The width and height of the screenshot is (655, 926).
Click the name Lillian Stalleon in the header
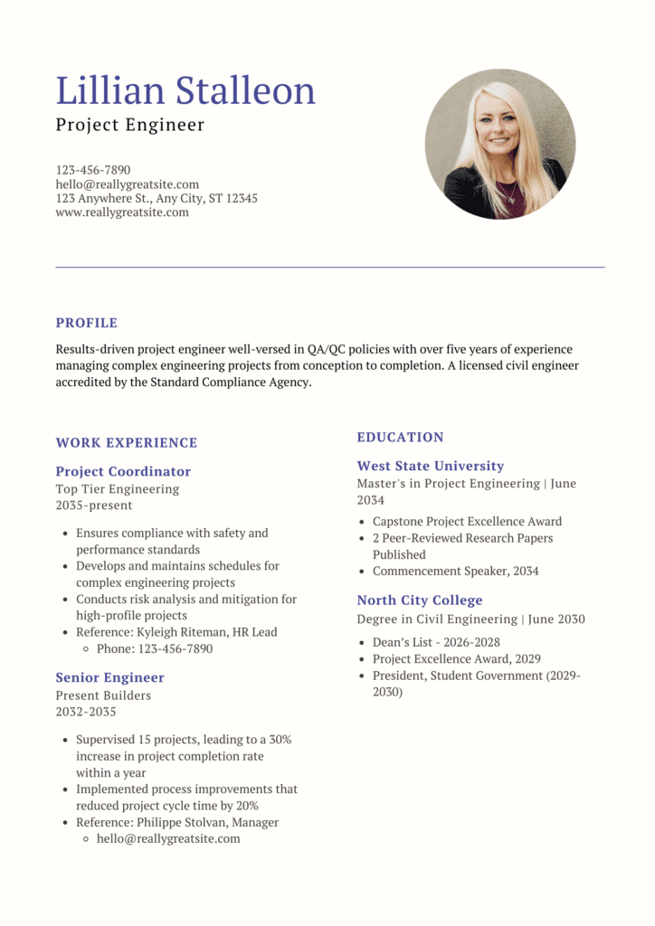pos(185,91)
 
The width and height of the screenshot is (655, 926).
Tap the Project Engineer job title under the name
pos(130,125)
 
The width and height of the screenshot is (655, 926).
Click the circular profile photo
pos(499,144)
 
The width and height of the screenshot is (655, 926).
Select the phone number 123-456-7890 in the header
pos(93,170)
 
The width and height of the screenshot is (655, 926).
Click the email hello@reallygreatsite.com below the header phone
pos(127,184)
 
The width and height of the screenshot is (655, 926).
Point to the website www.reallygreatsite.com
pos(122,213)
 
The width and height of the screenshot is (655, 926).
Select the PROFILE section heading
pos(87,323)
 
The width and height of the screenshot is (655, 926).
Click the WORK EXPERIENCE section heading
pos(126,443)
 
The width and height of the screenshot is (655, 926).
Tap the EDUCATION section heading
pos(400,438)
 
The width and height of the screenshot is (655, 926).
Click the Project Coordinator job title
pos(123,471)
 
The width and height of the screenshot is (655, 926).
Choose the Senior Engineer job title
pos(109,677)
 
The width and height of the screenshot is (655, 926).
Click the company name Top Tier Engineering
pos(118,489)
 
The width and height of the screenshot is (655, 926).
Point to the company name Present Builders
pos(103,695)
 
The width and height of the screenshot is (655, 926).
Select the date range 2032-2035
pos(86,712)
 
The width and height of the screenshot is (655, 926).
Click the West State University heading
pos(430,466)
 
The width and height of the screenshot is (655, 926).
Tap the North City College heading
pos(420,600)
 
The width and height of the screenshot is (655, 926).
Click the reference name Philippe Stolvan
pos(181,822)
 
